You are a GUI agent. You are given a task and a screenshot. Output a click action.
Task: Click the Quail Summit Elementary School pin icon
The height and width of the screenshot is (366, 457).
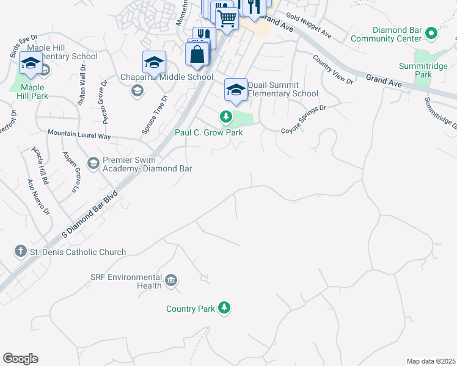tap(236, 90)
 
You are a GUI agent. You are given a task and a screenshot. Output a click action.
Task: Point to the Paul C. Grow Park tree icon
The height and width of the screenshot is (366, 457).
tap(225, 116)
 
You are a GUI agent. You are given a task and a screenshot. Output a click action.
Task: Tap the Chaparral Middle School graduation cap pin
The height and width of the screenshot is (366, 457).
tap(155, 62)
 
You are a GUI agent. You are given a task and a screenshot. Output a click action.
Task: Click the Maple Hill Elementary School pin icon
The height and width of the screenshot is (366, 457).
tap(30, 63)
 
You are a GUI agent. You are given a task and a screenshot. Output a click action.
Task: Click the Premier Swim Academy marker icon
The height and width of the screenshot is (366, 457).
tap(93, 163)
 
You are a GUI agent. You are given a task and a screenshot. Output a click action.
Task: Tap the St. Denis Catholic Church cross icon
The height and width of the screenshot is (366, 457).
tap(20, 251)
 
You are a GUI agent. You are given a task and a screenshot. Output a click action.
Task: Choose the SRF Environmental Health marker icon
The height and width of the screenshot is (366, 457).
tap(171, 280)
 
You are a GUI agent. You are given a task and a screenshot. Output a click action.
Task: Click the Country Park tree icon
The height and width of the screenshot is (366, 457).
tap(225, 308)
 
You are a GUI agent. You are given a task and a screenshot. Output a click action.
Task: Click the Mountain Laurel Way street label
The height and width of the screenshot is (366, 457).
tap(79, 134)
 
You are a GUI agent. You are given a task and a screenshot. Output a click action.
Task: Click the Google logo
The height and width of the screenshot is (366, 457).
tap(20, 359)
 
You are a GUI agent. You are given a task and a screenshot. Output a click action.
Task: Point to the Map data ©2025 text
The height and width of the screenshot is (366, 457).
tap(430, 361)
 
